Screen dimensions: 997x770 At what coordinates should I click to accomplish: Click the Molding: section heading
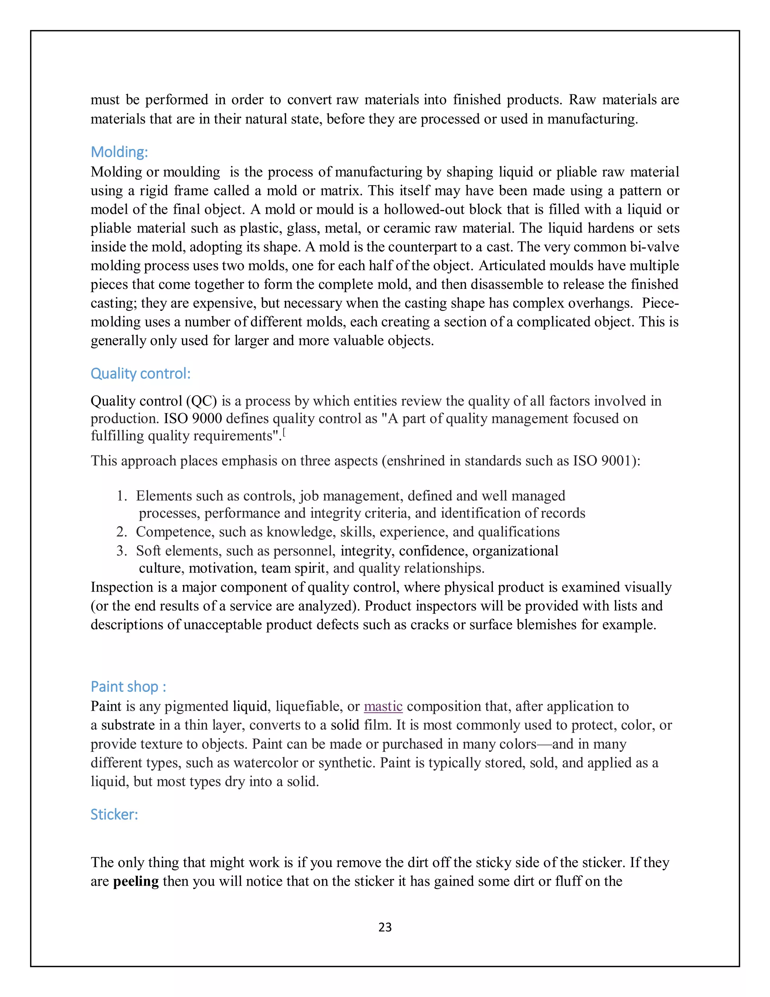[119, 152]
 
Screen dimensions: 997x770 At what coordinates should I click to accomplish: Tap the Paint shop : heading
[128, 686]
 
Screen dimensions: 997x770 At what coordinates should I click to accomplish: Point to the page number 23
[385, 927]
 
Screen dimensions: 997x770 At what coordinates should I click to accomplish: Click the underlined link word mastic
[383, 706]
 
